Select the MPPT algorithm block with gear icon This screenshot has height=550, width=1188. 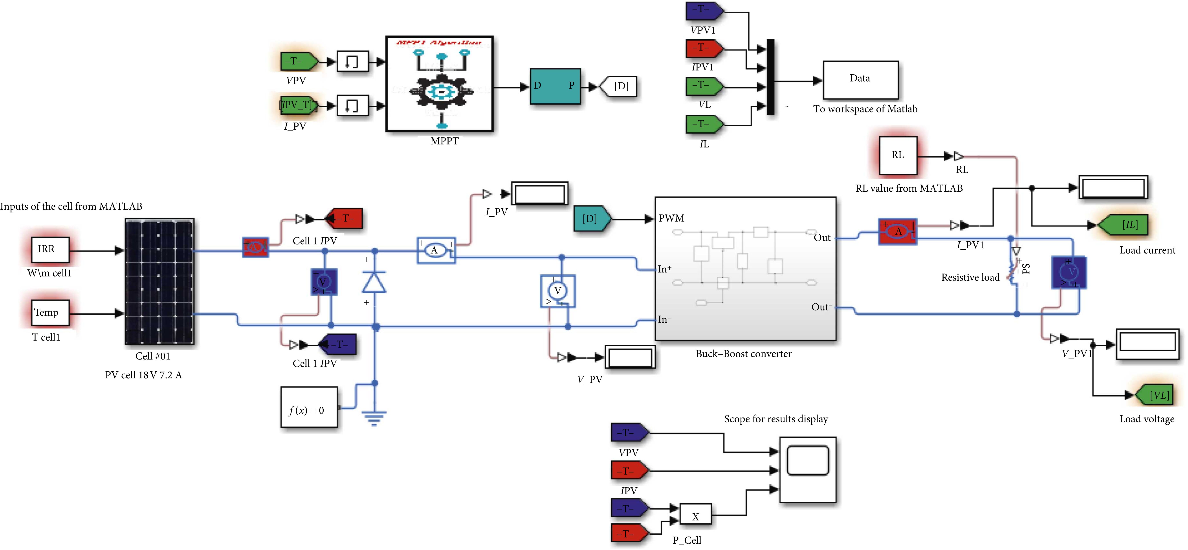click(x=440, y=84)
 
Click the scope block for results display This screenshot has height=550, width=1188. click(x=808, y=469)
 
